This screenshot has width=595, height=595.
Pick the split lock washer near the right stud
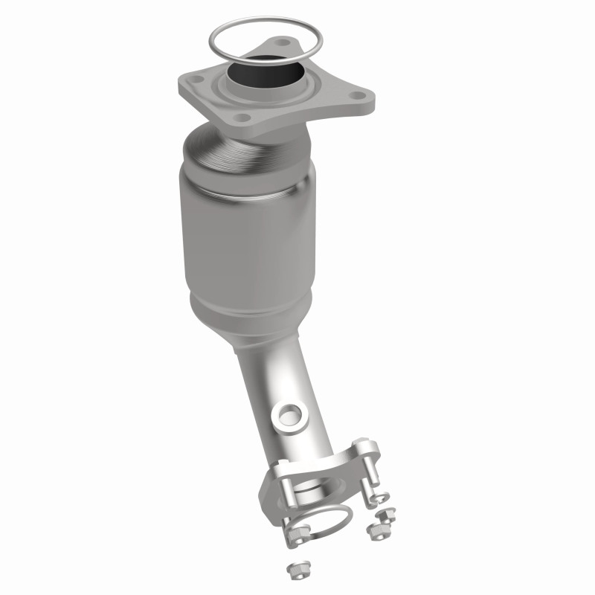tap(382, 497)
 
